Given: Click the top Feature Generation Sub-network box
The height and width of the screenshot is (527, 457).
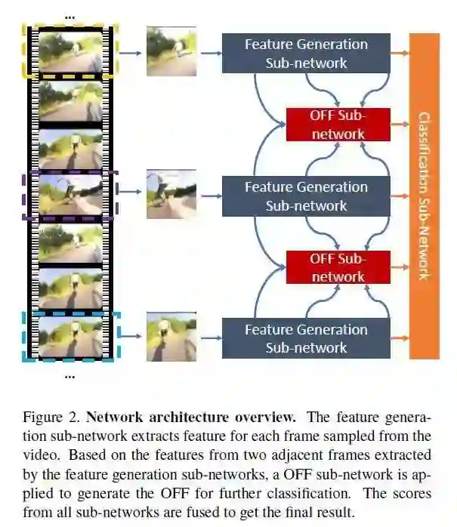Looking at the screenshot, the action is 306,54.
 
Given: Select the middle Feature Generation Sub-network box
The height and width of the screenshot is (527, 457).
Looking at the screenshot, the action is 306,196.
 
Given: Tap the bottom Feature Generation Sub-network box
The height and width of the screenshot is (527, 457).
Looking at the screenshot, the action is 306,338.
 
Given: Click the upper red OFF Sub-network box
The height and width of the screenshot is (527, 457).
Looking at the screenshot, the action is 338,125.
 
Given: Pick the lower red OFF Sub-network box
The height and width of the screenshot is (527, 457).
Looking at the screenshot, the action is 338,267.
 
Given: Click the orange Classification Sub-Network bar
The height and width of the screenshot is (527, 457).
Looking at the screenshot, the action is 424,196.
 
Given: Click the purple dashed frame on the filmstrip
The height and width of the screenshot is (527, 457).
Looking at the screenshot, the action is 69,196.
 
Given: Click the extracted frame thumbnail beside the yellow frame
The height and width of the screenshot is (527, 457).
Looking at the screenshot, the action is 171,51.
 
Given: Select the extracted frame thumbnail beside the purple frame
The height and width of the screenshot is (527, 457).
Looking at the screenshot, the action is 171,194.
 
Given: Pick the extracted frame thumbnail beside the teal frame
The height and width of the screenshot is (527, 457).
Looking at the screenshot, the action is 171,337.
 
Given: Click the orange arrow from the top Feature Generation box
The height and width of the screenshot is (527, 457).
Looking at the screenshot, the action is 400,53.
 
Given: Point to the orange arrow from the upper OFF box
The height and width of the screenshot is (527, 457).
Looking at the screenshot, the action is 400,125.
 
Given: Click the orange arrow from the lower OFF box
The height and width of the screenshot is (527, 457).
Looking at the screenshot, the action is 400,267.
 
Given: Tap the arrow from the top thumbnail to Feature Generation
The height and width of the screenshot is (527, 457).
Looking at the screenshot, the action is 210,53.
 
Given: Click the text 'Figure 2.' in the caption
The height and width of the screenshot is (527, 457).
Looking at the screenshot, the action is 51,418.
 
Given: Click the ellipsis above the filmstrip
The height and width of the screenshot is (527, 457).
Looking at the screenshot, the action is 69,15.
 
